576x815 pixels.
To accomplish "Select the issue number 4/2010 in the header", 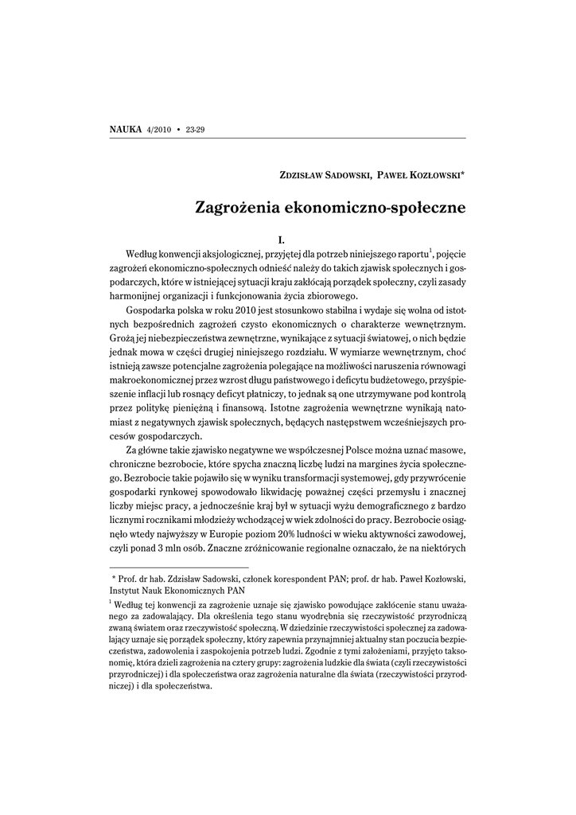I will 159,129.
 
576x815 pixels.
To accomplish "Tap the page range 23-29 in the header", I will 196,129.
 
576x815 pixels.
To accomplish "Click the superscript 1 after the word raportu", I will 430,250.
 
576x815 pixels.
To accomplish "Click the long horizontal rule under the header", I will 287,138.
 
